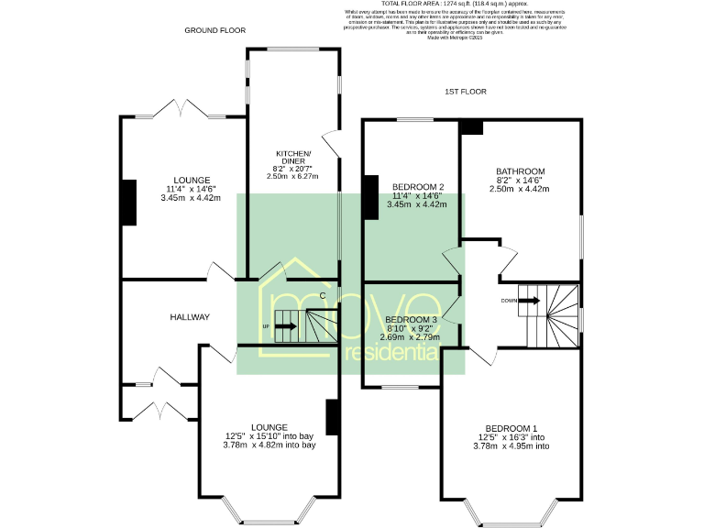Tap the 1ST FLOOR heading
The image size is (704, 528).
(465, 92)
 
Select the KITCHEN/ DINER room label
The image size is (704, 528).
(294, 156)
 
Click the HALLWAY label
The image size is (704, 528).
(190, 317)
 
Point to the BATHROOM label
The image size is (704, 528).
(521, 171)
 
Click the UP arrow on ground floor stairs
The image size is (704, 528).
(285, 325)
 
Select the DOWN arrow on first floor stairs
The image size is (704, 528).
(528, 300)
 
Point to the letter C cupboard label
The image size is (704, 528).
(322, 294)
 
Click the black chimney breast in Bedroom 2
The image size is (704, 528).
(369, 197)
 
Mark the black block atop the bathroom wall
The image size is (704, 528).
(471, 126)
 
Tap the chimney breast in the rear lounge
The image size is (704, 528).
(128, 203)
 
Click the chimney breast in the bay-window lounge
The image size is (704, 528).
(333, 417)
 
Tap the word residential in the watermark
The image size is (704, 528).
(390, 352)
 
